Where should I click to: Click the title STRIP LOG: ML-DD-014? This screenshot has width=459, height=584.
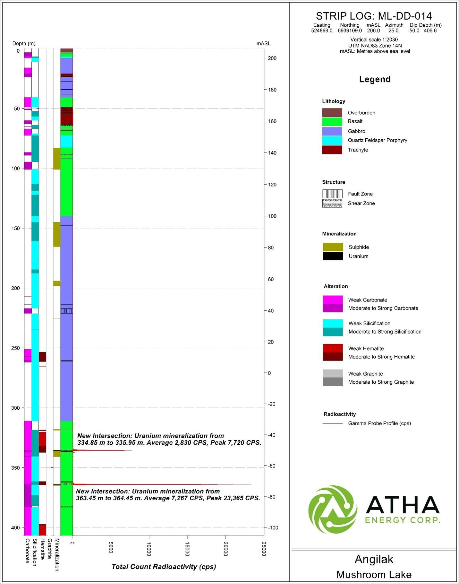point(374,16)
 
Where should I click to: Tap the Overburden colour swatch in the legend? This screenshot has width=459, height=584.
point(332,113)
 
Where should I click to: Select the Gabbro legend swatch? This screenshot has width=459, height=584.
point(332,131)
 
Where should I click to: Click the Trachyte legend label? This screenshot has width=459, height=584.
point(358,150)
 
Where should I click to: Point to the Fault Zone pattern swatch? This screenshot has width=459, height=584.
point(332,194)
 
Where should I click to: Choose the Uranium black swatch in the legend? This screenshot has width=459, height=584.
point(333,256)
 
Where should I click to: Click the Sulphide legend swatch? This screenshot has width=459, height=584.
point(333,247)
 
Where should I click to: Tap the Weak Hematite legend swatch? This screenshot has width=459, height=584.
point(333,348)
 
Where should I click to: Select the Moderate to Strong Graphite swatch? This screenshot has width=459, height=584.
point(333,382)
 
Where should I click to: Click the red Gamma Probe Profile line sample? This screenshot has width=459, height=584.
point(333,423)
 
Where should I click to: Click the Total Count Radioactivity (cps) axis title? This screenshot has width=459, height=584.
point(164,567)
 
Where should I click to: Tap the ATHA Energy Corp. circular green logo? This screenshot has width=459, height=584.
point(333,510)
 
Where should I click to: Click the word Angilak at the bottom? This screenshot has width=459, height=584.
point(374,559)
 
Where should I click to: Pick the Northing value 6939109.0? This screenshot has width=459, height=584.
point(350,31)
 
